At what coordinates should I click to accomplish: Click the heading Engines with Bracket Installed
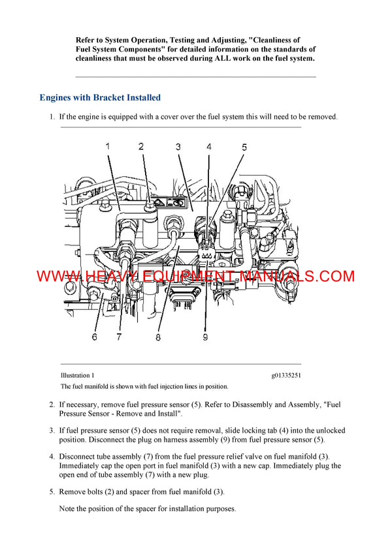point(99,98)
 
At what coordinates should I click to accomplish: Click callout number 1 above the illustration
point(108,146)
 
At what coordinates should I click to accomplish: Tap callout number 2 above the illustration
point(141,146)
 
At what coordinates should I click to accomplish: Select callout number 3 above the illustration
point(178,147)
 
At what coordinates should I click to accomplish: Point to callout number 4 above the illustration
point(209,147)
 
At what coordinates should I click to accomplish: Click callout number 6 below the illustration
point(94,337)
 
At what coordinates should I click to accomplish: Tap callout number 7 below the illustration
point(120,337)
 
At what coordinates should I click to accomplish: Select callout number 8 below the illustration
point(158,337)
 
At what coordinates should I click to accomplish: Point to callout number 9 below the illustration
point(204,337)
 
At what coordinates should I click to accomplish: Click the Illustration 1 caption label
point(77,375)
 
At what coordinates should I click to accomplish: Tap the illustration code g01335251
point(286,375)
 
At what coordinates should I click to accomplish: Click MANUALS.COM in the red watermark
point(297,276)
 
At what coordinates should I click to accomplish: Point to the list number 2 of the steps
point(52,405)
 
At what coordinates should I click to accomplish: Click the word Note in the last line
point(68,508)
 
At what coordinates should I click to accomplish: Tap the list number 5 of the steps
point(52,491)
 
